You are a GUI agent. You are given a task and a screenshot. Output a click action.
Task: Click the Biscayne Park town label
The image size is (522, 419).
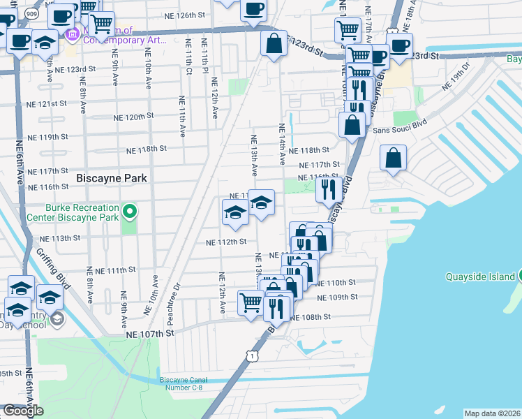point(112,178)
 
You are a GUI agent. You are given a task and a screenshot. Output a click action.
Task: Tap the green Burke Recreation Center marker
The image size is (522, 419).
point(129,209)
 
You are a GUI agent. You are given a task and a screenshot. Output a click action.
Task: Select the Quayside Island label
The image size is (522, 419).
point(482,276)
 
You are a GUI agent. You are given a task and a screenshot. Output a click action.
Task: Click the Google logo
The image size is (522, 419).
point(23,411)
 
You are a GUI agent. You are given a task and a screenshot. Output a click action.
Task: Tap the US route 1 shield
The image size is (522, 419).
point(250,356)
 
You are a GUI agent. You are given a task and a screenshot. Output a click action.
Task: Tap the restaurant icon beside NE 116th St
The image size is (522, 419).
point(327,189)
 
